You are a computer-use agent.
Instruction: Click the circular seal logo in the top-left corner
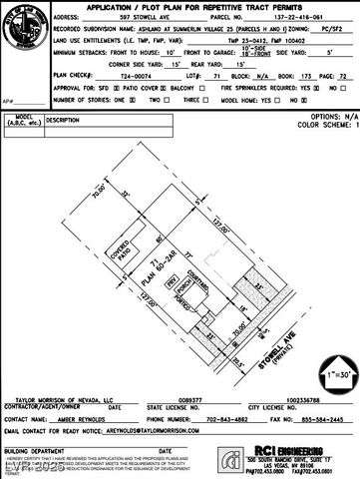click(21, 21)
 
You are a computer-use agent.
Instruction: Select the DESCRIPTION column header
click(62, 120)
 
